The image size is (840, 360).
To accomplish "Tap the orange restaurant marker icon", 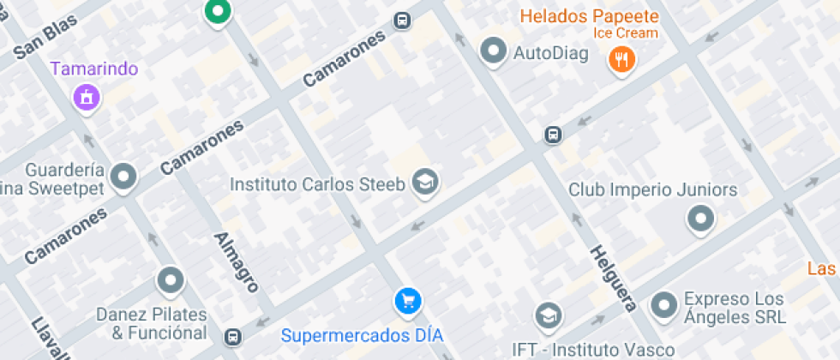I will tap(621, 59).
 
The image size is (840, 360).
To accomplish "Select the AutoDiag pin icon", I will tap(493, 51).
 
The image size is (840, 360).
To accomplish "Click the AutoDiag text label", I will tap(550, 53).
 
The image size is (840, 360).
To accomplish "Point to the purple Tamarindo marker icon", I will tap(86, 97).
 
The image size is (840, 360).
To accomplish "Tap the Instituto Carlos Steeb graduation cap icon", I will tap(424, 182).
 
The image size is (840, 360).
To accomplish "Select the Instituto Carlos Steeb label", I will tap(318, 184).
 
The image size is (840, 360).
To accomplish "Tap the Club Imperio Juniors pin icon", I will tap(701, 219).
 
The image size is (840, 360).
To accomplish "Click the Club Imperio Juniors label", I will tap(652, 190).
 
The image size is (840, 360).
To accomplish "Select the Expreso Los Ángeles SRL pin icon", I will tap(664, 304).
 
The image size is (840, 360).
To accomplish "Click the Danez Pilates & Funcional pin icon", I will tap(171, 279).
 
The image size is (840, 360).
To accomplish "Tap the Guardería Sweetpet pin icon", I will tap(125, 177).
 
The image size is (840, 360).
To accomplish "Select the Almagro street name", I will tap(236, 262).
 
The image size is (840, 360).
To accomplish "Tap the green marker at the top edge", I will tap(218, 11).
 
